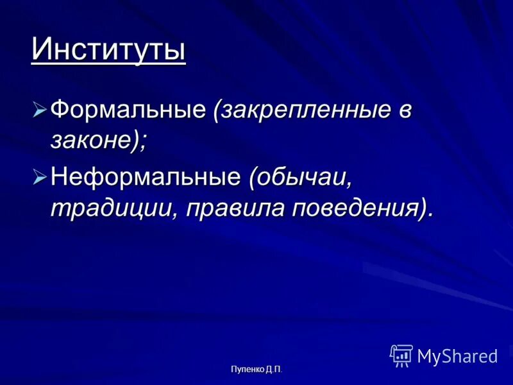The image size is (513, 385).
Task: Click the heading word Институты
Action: click(108, 49)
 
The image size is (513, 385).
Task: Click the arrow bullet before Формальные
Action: click(40, 110)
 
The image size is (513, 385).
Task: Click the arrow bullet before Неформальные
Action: click(40, 176)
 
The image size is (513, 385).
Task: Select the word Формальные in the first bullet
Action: click(128, 110)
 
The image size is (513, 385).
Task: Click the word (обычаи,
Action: click(301, 176)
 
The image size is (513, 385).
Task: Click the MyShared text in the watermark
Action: click(457, 355)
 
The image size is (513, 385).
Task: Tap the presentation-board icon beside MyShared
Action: click(401, 355)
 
